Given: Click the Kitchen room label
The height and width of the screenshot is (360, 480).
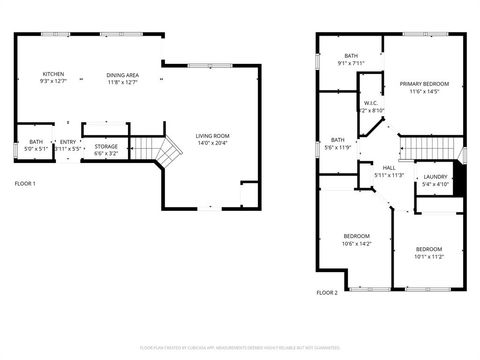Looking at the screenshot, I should point(52,74).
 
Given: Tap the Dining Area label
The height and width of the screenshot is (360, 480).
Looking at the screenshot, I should point(124,74).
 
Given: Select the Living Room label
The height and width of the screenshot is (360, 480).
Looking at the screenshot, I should point(212,135).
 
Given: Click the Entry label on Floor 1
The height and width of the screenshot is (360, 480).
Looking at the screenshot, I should point(68,142).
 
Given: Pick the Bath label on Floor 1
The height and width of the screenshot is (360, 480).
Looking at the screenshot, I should point(36,142).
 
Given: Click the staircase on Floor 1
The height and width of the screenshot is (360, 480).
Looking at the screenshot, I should point(166,151).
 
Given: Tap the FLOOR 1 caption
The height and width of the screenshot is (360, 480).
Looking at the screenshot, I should point(25,184).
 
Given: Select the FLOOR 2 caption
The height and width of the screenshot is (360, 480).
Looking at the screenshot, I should point(327,293).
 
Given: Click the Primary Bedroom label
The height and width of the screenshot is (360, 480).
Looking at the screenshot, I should point(425,84).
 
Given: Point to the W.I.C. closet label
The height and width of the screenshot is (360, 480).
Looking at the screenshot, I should point(370,103).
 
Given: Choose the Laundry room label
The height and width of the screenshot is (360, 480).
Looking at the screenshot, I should point(435,176).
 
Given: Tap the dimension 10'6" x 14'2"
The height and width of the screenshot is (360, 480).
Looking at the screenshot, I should point(357,243).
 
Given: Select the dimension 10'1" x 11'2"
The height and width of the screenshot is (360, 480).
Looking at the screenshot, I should point(429,256).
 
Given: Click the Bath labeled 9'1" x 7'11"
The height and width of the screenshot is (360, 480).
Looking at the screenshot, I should point(351,56).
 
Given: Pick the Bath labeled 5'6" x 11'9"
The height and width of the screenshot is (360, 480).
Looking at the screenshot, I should point(338,140).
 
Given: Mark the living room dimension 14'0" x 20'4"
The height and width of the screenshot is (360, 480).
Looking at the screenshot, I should point(212,143).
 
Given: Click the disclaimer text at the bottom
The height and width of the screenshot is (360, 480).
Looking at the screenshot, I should point(240,347).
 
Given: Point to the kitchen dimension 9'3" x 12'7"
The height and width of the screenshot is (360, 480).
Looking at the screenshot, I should point(52,82).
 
